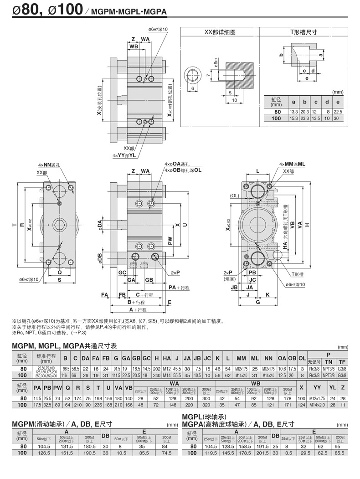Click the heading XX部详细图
220,32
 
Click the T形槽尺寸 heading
304,32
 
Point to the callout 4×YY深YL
124,155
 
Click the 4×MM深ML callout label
292,164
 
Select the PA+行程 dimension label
179,288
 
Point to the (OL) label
235,196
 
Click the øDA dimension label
100,225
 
